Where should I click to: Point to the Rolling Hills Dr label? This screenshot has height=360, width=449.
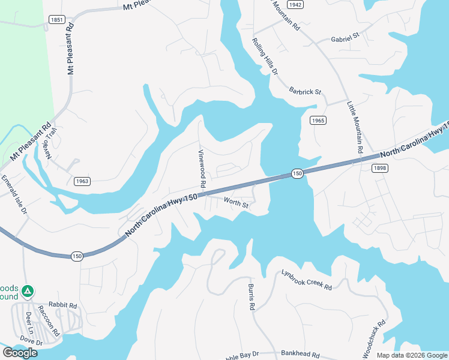[x=265, y=56]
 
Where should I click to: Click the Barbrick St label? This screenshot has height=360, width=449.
[x=305, y=92]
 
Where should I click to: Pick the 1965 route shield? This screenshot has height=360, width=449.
[x=318, y=121]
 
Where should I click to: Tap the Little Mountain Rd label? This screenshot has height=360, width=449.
[x=355, y=127]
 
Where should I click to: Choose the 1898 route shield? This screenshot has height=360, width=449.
[x=380, y=169]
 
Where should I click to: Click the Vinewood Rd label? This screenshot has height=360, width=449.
[x=202, y=167]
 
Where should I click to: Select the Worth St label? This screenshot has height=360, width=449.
[x=236, y=204]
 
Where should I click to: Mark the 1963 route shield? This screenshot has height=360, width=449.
[x=82, y=181]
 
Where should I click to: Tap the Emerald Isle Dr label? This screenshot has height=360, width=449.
[x=14, y=194]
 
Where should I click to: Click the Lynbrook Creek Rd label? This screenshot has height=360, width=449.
[x=307, y=280]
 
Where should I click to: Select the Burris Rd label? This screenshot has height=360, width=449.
[x=252, y=297]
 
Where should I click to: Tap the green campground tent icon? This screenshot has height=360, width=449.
[x=26, y=292]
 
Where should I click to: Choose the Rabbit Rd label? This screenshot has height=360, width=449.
[x=64, y=305]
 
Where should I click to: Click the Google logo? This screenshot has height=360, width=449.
[x=20, y=353]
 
